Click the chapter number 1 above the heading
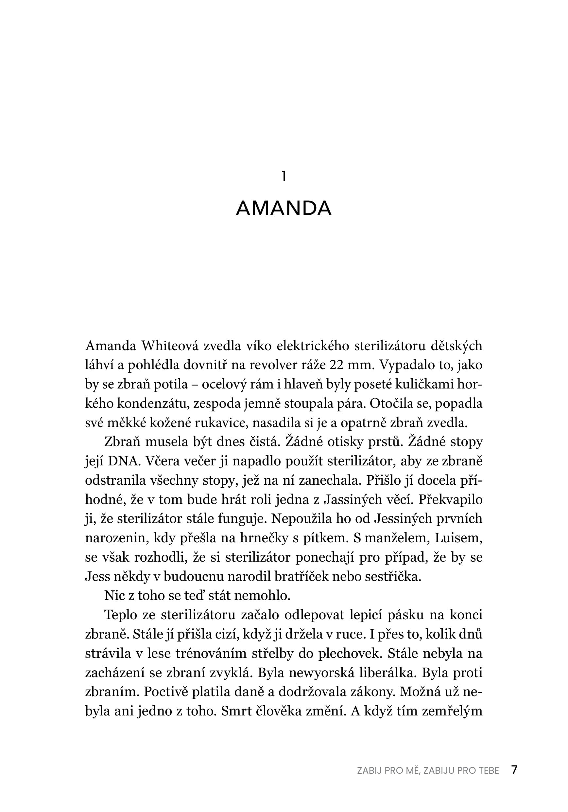(x=284, y=176)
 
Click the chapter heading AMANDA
(x=284, y=208)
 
